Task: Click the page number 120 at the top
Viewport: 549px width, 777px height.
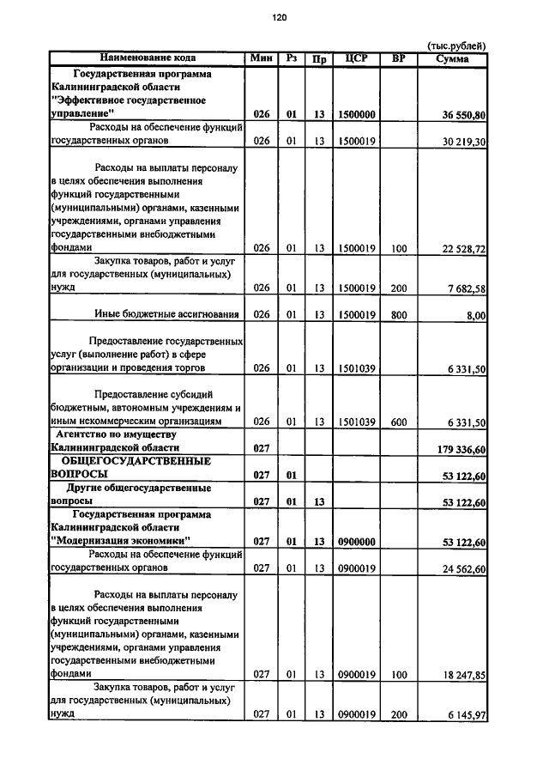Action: tap(279, 17)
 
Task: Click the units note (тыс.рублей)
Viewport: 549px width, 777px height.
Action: tap(456, 46)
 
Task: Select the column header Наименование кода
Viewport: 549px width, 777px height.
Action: tap(148, 58)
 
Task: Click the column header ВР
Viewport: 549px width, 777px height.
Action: tap(398, 58)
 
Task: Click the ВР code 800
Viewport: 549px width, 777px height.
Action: tap(398, 315)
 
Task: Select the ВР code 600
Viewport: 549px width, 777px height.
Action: tap(398, 422)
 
